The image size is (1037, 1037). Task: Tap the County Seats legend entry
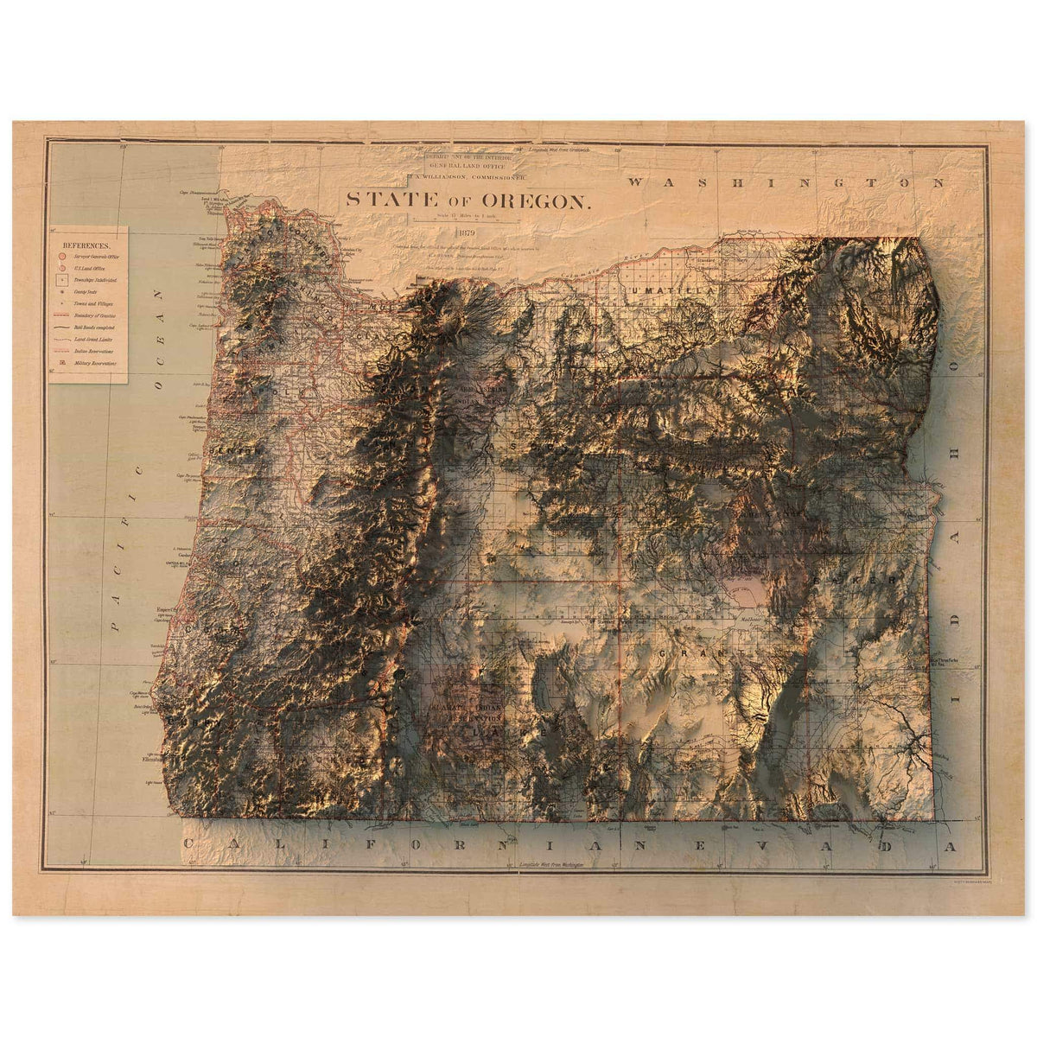coord(86,293)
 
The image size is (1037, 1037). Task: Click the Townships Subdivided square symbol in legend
coord(60,281)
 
